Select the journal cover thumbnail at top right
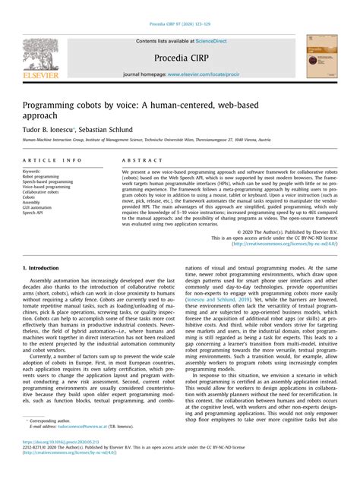(x=321, y=56)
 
